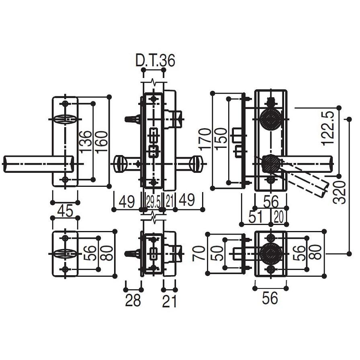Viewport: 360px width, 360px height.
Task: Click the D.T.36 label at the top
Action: point(155,60)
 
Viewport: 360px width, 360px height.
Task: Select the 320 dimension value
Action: point(340,192)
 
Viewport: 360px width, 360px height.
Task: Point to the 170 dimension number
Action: point(205,139)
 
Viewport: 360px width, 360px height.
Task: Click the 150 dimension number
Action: point(221,139)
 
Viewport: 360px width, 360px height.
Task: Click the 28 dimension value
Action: point(133,300)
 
